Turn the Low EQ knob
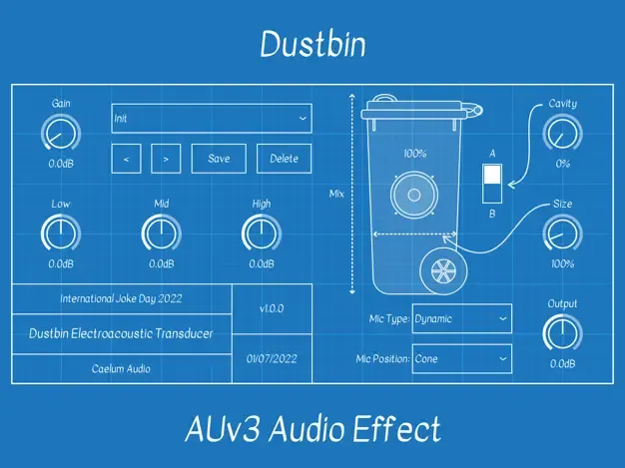pyautogui.click(x=60, y=234)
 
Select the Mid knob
pyautogui.click(x=161, y=234)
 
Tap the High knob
pyautogui.click(x=261, y=234)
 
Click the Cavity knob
pyautogui.click(x=563, y=133)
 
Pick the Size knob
pyautogui.click(x=563, y=234)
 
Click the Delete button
pyautogui.click(x=285, y=159)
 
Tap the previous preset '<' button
pyautogui.click(x=126, y=159)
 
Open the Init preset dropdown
pyautogui.click(x=211, y=118)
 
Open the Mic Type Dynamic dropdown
pyautogui.click(x=461, y=318)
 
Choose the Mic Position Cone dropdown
pyautogui.click(x=461, y=358)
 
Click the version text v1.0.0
pyautogui.click(x=272, y=309)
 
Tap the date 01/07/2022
pyautogui.click(x=272, y=357)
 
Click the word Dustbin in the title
pyautogui.click(x=312, y=43)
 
